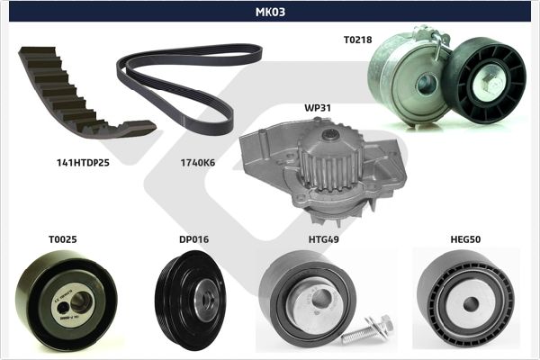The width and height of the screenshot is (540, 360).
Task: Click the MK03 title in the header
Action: [x=270, y=12]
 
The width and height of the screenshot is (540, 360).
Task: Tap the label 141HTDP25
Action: [x=83, y=163]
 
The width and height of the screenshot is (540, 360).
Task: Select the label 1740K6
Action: [x=198, y=163]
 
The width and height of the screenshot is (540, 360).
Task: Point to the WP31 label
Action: [x=318, y=108]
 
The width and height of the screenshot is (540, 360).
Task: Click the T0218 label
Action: [x=358, y=40]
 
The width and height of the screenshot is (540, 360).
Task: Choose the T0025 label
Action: [x=63, y=239]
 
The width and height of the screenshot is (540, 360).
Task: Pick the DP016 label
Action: [x=193, y=239]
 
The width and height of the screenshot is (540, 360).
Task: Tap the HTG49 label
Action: [x=324, y=239]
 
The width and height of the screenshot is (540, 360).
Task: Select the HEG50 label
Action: [x=465, y=239]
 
